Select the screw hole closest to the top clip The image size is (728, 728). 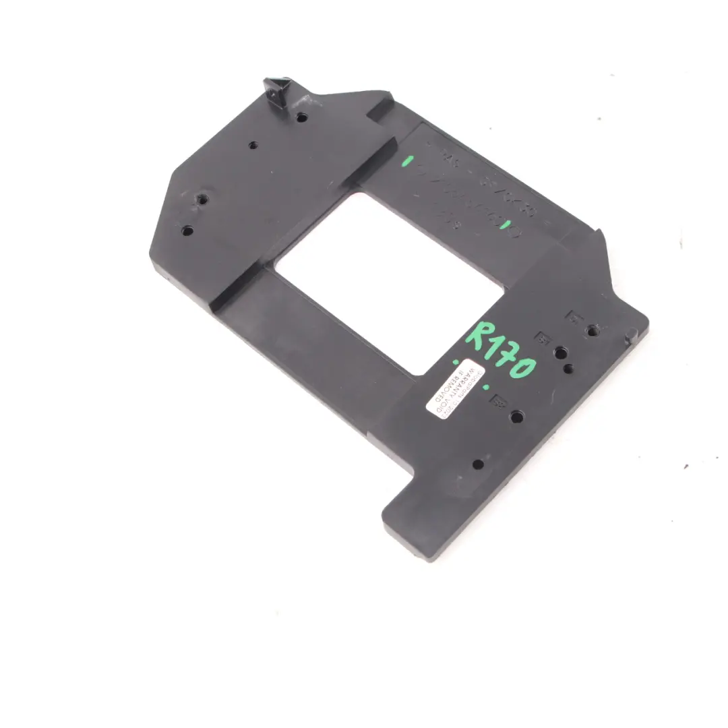301,117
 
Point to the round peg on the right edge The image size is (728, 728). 631,333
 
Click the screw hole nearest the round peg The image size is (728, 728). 592,330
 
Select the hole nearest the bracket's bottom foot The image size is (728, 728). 478,464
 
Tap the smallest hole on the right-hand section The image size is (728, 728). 569,368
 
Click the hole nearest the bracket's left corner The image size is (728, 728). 187,231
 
